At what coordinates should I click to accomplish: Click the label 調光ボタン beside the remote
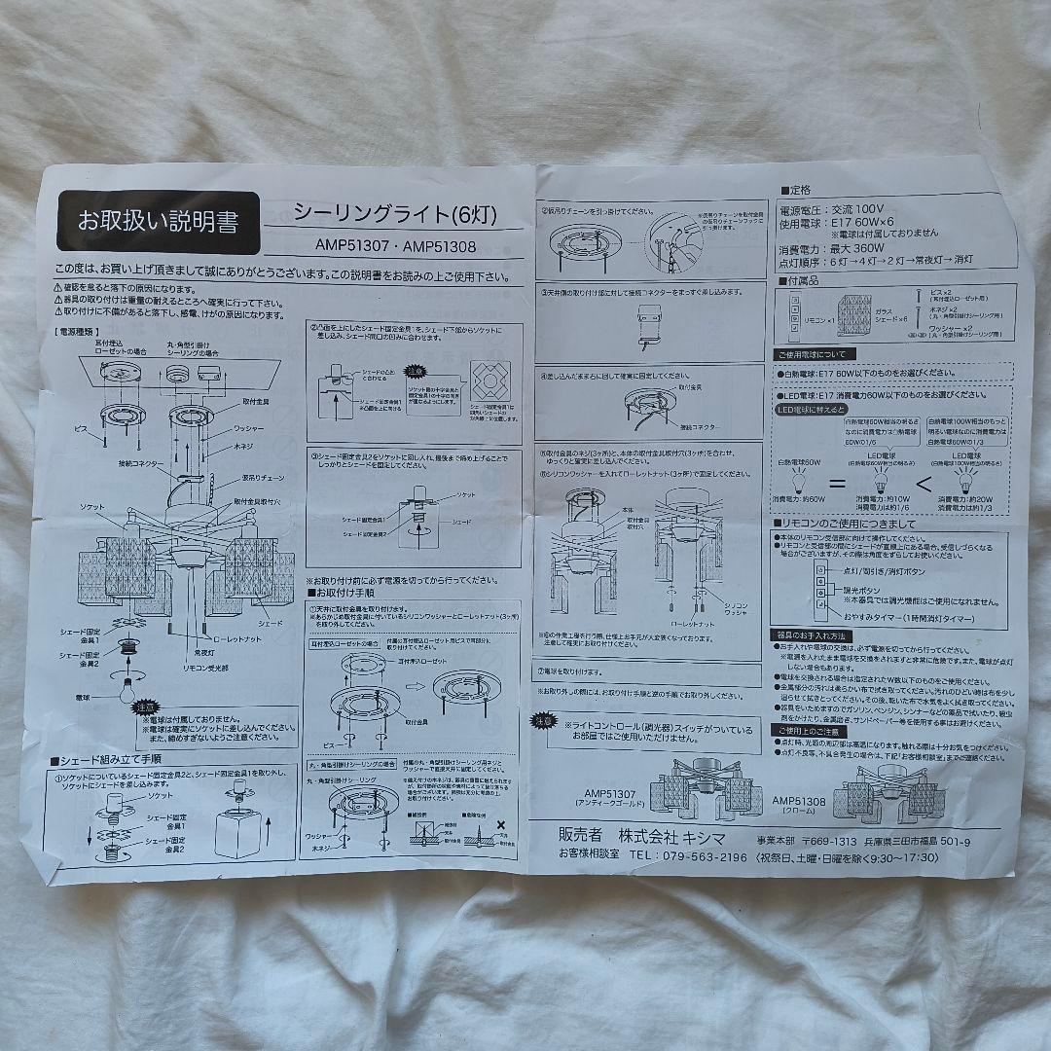(x=863, y=590)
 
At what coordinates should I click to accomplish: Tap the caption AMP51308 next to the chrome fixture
(x=800, y=800)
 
